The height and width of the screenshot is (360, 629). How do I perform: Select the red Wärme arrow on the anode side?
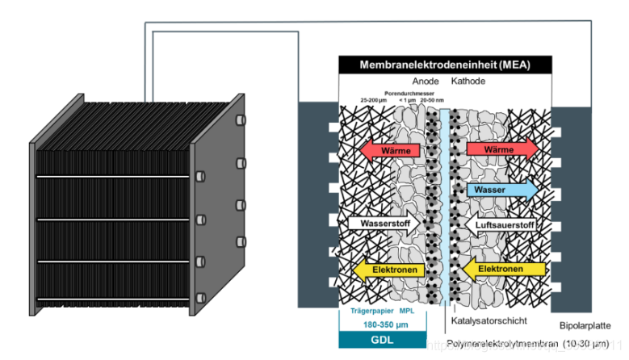click(x=391, y=150)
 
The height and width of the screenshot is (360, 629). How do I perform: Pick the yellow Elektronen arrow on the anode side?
click(x=391, y=269)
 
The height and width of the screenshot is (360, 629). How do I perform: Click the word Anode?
click(x=426, y=82)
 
